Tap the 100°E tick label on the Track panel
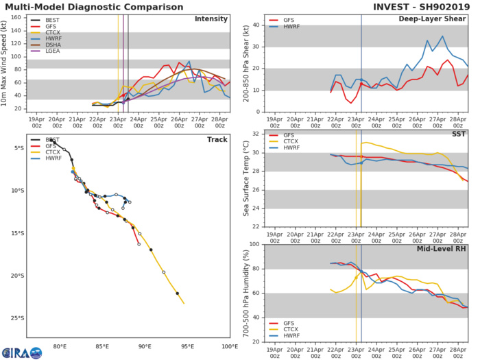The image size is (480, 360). point(230,348)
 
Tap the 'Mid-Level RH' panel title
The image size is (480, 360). point(443,248)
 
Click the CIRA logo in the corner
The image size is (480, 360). point(19,350)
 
